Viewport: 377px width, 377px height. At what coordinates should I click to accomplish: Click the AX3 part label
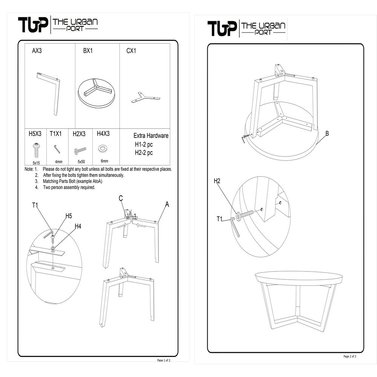[37, 51]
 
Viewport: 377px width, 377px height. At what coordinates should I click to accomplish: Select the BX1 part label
[88, 51]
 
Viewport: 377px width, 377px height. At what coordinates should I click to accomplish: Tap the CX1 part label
[131, 51]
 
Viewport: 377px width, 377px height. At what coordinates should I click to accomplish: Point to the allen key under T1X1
[57, 149]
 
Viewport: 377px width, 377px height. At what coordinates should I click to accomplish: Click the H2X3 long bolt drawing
[80, 150]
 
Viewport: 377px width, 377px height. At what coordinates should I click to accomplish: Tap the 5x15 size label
[36, 163]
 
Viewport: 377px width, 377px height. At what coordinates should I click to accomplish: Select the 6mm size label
[104, 161]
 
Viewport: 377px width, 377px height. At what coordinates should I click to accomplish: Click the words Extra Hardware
[151, 136]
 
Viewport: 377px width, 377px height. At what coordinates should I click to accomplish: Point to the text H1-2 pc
[144, 144]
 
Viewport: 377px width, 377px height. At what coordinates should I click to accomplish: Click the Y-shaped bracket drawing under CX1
[146, 97]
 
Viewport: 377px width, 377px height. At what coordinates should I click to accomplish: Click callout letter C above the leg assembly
[121, 198]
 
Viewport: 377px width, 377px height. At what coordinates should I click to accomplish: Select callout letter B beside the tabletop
[327, 133]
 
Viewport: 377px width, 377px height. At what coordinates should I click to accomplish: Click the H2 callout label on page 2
[217, 181]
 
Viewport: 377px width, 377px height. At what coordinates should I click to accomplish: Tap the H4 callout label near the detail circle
[78, 226]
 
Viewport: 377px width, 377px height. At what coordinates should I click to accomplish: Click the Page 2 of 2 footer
[350, 356]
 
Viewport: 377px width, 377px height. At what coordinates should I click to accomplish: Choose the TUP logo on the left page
[33, 25]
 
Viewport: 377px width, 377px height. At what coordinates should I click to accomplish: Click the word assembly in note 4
[70, 187]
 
